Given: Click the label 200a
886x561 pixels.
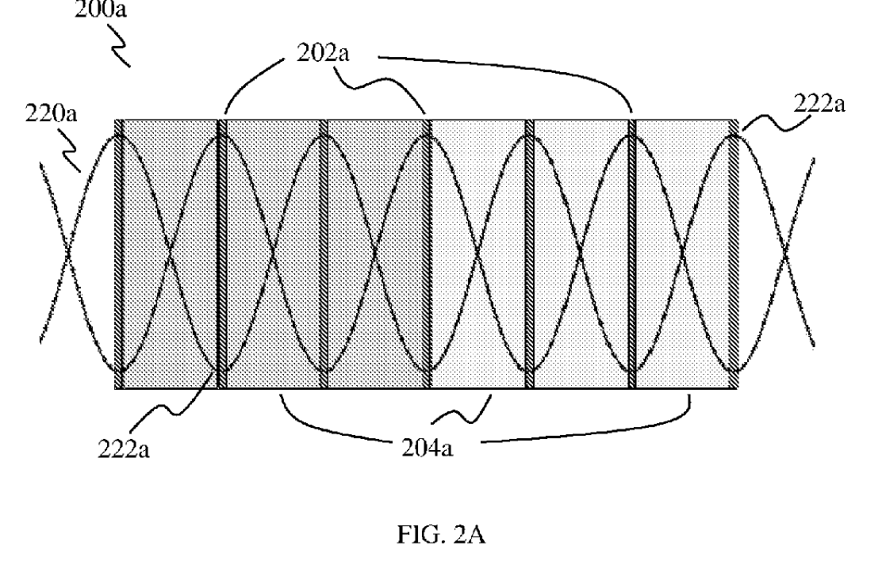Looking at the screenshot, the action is (x=101, y=9).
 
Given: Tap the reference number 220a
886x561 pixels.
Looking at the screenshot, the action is (x=51, y=113).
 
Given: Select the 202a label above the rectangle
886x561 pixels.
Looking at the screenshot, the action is (x=323, y=53).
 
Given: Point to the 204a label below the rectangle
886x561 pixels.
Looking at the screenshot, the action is (x=428, y=448).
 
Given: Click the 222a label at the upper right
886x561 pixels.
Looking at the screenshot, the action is (x=819, y=104).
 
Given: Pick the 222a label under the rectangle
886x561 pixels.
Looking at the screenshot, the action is (x=124, y=449).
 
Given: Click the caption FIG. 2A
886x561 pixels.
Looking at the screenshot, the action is (x=441, y=534).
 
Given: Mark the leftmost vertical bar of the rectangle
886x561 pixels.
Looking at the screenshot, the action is (x=119, y=254).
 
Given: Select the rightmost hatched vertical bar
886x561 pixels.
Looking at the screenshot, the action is (x=734, y=254).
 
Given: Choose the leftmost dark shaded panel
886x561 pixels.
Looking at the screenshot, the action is (x=171, y=254).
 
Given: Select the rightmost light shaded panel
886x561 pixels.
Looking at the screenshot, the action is (x=683, y=254).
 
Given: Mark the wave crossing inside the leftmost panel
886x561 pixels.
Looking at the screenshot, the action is (x=169, y=252).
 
